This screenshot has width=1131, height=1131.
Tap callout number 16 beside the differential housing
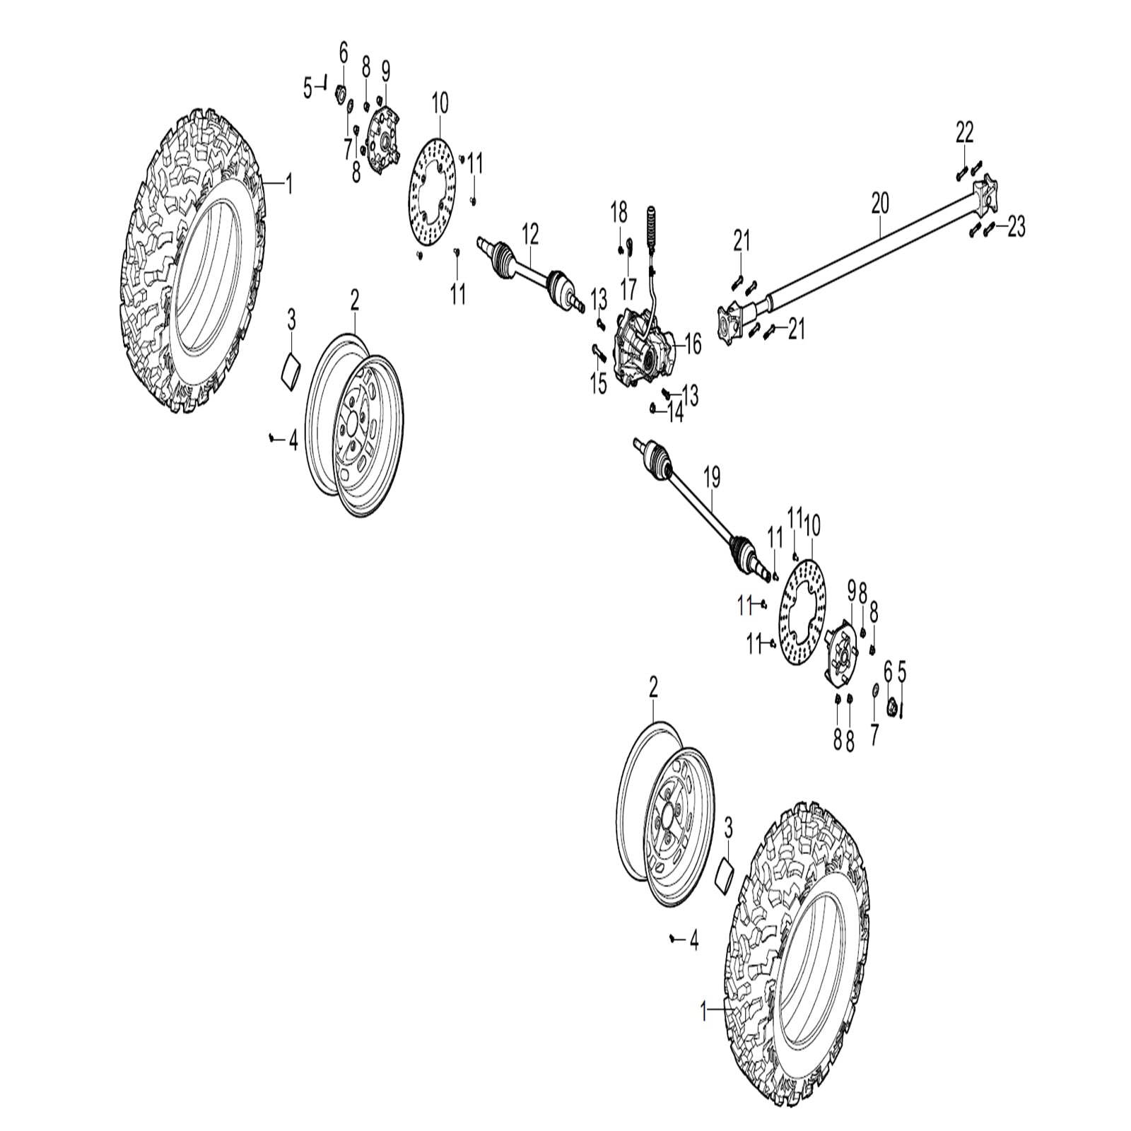click(692, 345)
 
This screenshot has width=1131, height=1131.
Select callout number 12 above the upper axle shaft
click(530, 233)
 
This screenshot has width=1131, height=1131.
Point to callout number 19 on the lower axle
click(712, 478)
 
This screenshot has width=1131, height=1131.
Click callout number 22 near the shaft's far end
click(964, 132)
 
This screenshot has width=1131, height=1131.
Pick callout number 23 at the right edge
click(1016, 228)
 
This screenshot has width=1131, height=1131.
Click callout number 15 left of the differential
click(598, 384)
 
